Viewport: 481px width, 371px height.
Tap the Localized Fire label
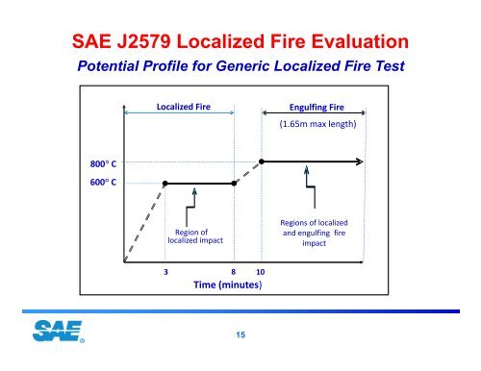click(183, 108)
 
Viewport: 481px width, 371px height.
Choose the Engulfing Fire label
click(316, 110)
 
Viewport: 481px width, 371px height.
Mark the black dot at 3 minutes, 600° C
click(166, 183)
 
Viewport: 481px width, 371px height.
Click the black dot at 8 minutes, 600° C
click(236, 183)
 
